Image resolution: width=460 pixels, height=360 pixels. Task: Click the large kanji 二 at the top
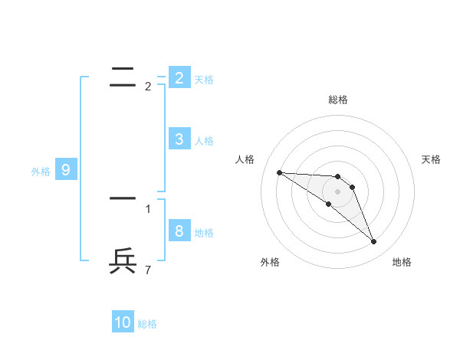click(123, 75)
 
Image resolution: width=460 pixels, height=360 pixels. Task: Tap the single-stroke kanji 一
click(123, 198)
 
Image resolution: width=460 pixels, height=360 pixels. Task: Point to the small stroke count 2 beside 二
click(148, 87)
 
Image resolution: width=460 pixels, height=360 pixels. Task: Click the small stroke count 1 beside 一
click(148, 208)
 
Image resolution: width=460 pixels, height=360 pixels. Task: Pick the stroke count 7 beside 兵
click(148, 270)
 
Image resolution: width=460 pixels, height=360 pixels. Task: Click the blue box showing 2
click(179, 77)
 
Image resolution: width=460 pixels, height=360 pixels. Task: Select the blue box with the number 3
click(179, 139)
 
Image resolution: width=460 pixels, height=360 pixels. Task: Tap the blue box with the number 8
click(179, 231)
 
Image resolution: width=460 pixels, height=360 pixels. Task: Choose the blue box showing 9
click(66, 170)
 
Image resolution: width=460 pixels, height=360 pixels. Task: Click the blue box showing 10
click(123, 322)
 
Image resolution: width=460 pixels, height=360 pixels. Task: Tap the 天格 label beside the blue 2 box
click(204, 80)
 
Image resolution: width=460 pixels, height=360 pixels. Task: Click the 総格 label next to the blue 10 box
click(147, 324)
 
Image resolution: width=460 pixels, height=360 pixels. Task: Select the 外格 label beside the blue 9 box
click(41, 172)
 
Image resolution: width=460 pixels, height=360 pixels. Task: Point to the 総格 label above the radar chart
click(337, 100)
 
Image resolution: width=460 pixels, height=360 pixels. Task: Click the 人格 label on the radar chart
click(245, 159)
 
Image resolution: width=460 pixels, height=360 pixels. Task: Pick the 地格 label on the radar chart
click(402, 262)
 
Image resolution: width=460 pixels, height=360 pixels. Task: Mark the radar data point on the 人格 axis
click(279, 172)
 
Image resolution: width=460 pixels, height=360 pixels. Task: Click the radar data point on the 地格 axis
click(373, 242)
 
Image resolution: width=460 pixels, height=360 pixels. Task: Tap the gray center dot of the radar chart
click(337, 191)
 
